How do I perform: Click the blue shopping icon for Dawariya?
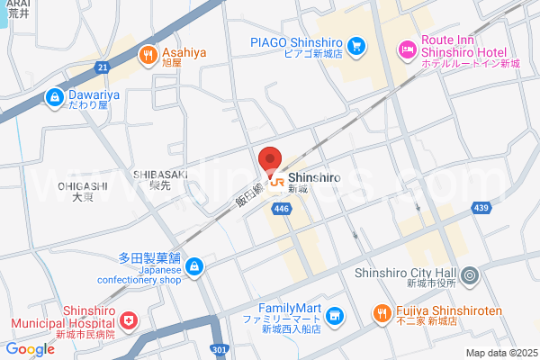[56, 94]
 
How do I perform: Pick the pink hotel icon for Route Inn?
[406, 47]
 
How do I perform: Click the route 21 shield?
[103, 67]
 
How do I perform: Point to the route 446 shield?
[282, 209]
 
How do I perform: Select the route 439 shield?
[482, 209]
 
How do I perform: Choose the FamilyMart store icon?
[335, 315]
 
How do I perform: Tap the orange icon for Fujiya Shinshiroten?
[381, 315]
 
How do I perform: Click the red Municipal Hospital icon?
[129, 319]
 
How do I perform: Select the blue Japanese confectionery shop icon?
[195, 267]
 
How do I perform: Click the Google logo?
[30, 349]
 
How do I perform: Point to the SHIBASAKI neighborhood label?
[160, 174]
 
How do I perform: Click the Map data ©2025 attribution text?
[500, 353]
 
